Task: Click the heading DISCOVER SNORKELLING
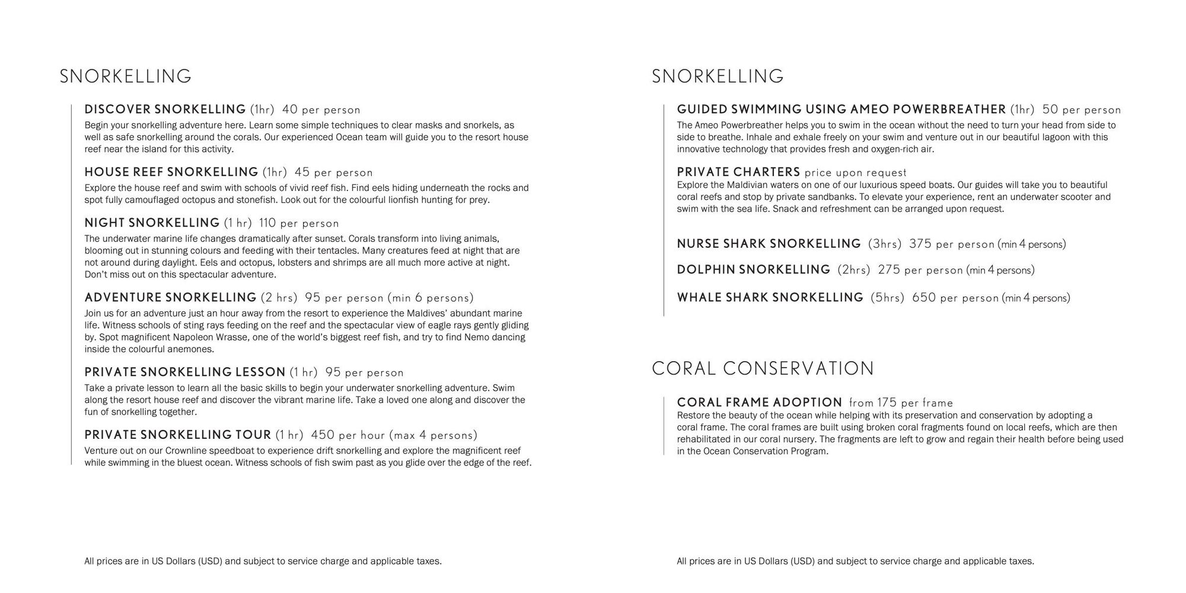pos(165,110)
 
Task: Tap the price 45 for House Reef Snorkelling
pos(302,173)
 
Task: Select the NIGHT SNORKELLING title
pos(152,223)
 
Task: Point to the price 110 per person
pos(299,224)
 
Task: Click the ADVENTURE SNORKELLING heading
pos(170,298)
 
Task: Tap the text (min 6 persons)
pos(431,298)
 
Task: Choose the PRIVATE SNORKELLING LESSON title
pos(185,372)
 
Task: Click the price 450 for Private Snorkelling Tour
pos(323,435)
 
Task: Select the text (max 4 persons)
pos(433,435)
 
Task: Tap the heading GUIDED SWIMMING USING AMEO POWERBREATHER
pos(841,110)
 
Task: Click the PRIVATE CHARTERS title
pos(738,173)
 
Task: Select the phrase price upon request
pos(856,173)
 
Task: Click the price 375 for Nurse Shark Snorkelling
pos(920,244)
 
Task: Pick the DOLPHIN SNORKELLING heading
pos(753,270)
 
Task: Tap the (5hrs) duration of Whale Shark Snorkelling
pos(887,298)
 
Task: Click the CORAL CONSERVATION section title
pos(763,369)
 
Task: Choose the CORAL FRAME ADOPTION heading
pos(759,403)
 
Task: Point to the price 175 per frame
pos(901,403)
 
